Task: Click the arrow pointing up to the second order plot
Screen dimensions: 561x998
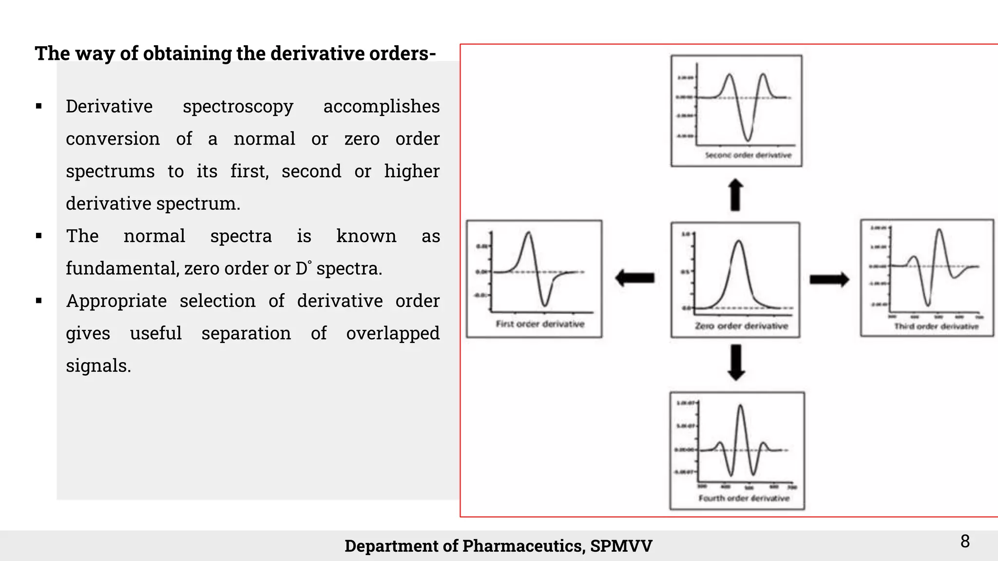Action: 735,195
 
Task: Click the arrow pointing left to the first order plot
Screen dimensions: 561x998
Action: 634,278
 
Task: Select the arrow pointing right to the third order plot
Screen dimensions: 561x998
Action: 829,280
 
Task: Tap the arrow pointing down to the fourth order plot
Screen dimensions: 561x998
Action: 736,362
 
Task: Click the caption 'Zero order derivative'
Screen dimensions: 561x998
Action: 741,326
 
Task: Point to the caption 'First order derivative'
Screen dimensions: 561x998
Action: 540,324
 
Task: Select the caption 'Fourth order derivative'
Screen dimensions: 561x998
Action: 744,498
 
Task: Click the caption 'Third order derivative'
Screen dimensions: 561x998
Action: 936,326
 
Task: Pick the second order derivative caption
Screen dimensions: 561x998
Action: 748,155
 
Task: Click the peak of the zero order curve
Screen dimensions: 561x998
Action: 739,241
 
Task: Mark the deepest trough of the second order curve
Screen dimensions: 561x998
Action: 748,140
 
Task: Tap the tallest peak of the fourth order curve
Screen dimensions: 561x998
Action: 741,406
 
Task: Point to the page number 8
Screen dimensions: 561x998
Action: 965,541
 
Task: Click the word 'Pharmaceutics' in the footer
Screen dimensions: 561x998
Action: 522,546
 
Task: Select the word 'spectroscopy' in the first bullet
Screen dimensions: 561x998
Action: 238,106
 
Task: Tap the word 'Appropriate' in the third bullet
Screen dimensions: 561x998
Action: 116,301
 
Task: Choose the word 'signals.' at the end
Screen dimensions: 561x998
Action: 98,366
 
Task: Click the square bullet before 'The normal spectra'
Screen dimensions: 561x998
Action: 39,236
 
